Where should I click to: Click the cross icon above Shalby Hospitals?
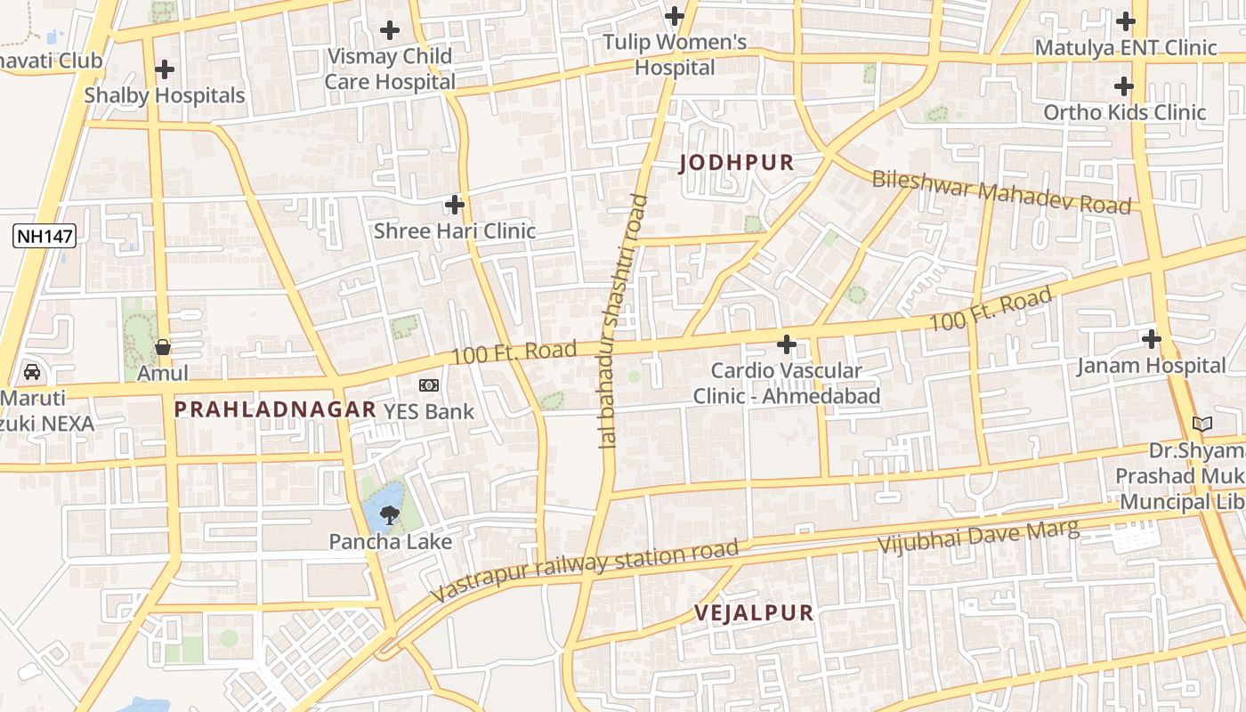pos(165,69)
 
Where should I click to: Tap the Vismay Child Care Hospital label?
pos(389,69)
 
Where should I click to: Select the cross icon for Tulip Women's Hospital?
pos(675,16)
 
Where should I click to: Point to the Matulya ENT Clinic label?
pos(1125,48)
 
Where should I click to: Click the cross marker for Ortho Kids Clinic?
pos(1124,86)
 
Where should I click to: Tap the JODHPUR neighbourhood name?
pos(736,163)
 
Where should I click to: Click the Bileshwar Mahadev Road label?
pos(1001,192)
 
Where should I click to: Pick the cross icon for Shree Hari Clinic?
pos(455,205)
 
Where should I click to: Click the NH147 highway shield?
pos(44,236)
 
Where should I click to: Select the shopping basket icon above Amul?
pos(163,346)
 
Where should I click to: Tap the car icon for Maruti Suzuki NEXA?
pos(32,372)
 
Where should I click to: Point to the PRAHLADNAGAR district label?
pos(275,409)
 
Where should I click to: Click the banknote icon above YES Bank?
pos(429,385)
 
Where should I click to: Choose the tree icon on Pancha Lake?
pos(389,514)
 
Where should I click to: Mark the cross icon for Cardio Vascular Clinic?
pos(787,344)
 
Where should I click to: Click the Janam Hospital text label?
pos(1151,366)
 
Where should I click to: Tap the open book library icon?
pos(1202,425)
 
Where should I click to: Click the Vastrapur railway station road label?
pos(584,570)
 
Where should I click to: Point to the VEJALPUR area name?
pos(754,612)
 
